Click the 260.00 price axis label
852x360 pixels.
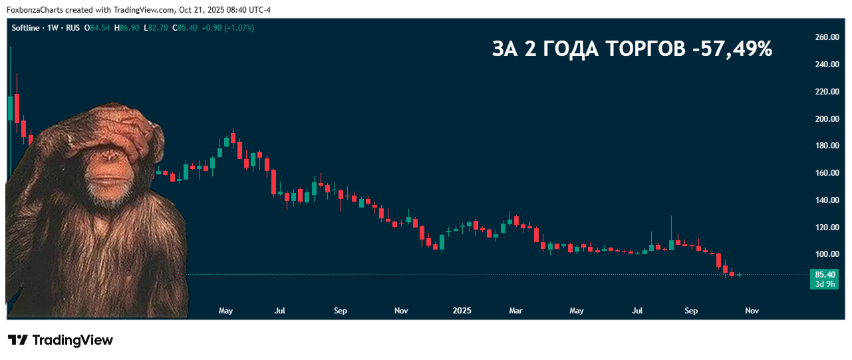pyautogui.click(x=826, y=37)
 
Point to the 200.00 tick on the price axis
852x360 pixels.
pyautogui.click(x=826, y=118)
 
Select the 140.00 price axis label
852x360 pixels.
pyautogui.click(x=826, y=200)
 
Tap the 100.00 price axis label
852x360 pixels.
pyautogui.click(x=826, y=254)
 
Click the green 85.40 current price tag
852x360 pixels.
pyautogui.click(x=825, y=274)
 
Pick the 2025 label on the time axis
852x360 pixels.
pyautogui.click(x=462, y=310)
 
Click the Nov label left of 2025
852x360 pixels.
pyautogui.click(x=401, y=310)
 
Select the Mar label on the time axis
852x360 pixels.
pyautogui.click(x=515, y=310)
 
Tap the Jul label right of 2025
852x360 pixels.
pyautogui.click(x=638, y=310)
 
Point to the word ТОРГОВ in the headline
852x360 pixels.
pyautogui.click(x=646, y=49)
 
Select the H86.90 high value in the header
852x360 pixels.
pyautogui.click(x=127, y=28)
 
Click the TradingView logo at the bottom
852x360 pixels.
pyautogui.click(x=61, y=340)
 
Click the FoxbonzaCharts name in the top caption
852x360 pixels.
pyautogui.click(x=33, y=10)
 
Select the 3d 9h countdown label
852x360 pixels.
pyautogui.click(x=825, y=284)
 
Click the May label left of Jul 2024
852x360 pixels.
pyautogui.click(x=225, y=310)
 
